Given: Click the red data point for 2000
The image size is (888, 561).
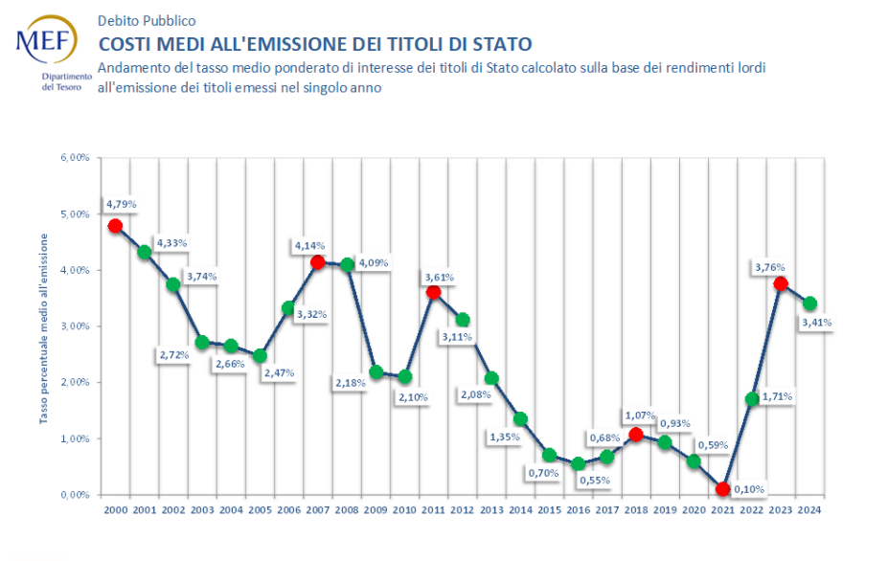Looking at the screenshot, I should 115,226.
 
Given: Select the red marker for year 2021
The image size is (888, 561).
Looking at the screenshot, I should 722,489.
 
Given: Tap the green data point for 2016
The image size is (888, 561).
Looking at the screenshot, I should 578,464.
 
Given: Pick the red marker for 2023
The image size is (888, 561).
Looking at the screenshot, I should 781,283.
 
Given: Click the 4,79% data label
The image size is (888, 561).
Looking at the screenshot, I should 122,204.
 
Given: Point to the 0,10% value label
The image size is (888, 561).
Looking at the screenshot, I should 750,489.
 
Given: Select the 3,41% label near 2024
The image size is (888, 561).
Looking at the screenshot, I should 817,323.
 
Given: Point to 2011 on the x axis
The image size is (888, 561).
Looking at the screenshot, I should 433,509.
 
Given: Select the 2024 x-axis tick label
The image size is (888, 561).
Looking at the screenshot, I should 809,509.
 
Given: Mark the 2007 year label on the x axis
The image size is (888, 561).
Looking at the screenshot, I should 317,509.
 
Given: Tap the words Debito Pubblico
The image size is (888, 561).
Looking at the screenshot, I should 147,20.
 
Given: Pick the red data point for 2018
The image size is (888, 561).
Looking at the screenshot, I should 635,435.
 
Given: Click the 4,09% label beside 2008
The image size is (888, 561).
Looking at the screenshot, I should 373,262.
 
